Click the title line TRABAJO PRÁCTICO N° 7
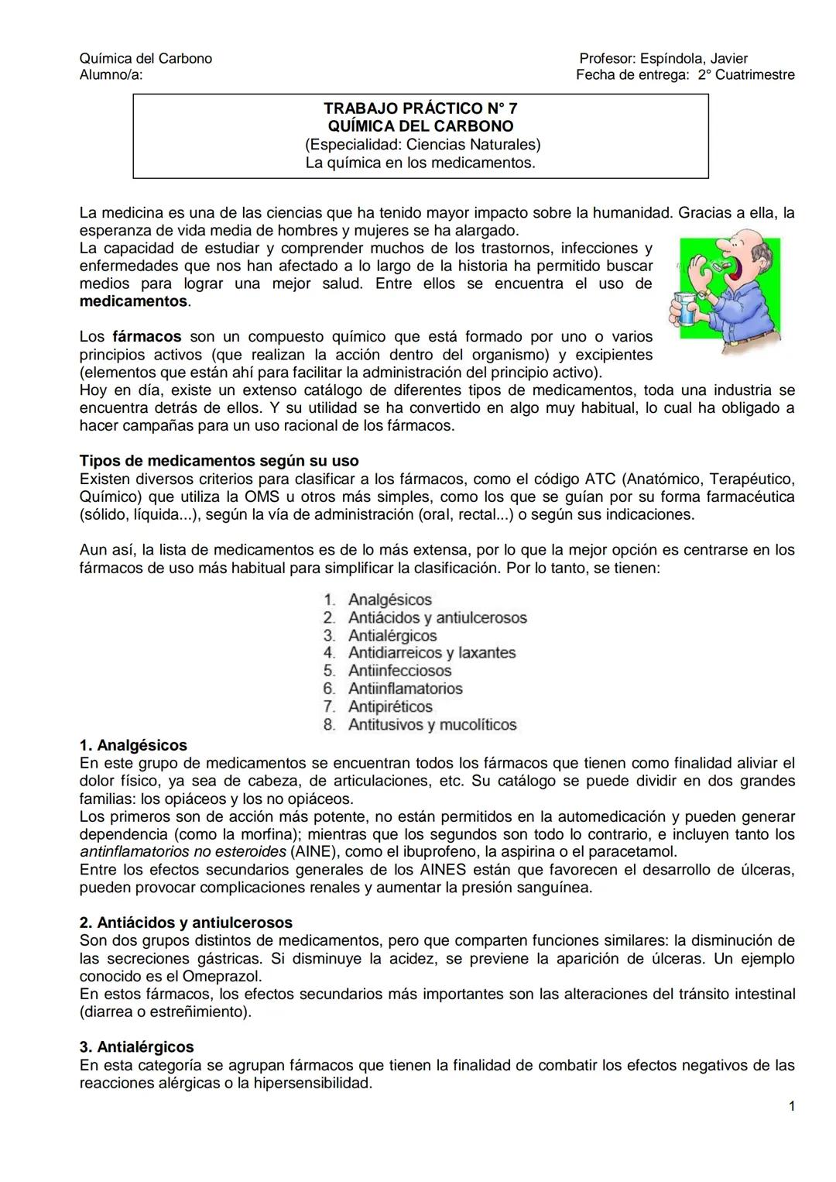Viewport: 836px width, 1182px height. [420, 108]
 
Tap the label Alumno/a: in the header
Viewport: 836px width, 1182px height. [111, 75]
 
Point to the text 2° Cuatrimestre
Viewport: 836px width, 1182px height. [745, 75]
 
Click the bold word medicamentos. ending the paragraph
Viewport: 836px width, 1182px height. [135, 301]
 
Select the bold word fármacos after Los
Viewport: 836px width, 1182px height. [147, 337]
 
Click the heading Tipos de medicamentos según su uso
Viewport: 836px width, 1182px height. [219, 462]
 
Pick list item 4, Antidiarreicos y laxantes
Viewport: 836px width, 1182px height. [431, 653]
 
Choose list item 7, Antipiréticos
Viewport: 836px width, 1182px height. [390, 706]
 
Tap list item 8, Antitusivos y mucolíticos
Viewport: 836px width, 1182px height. [432, 725]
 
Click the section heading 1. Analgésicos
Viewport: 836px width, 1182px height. [133, 745]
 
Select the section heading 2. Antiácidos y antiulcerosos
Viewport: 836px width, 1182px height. [186, 923]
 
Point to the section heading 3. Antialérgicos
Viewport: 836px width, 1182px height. [136, 1047]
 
